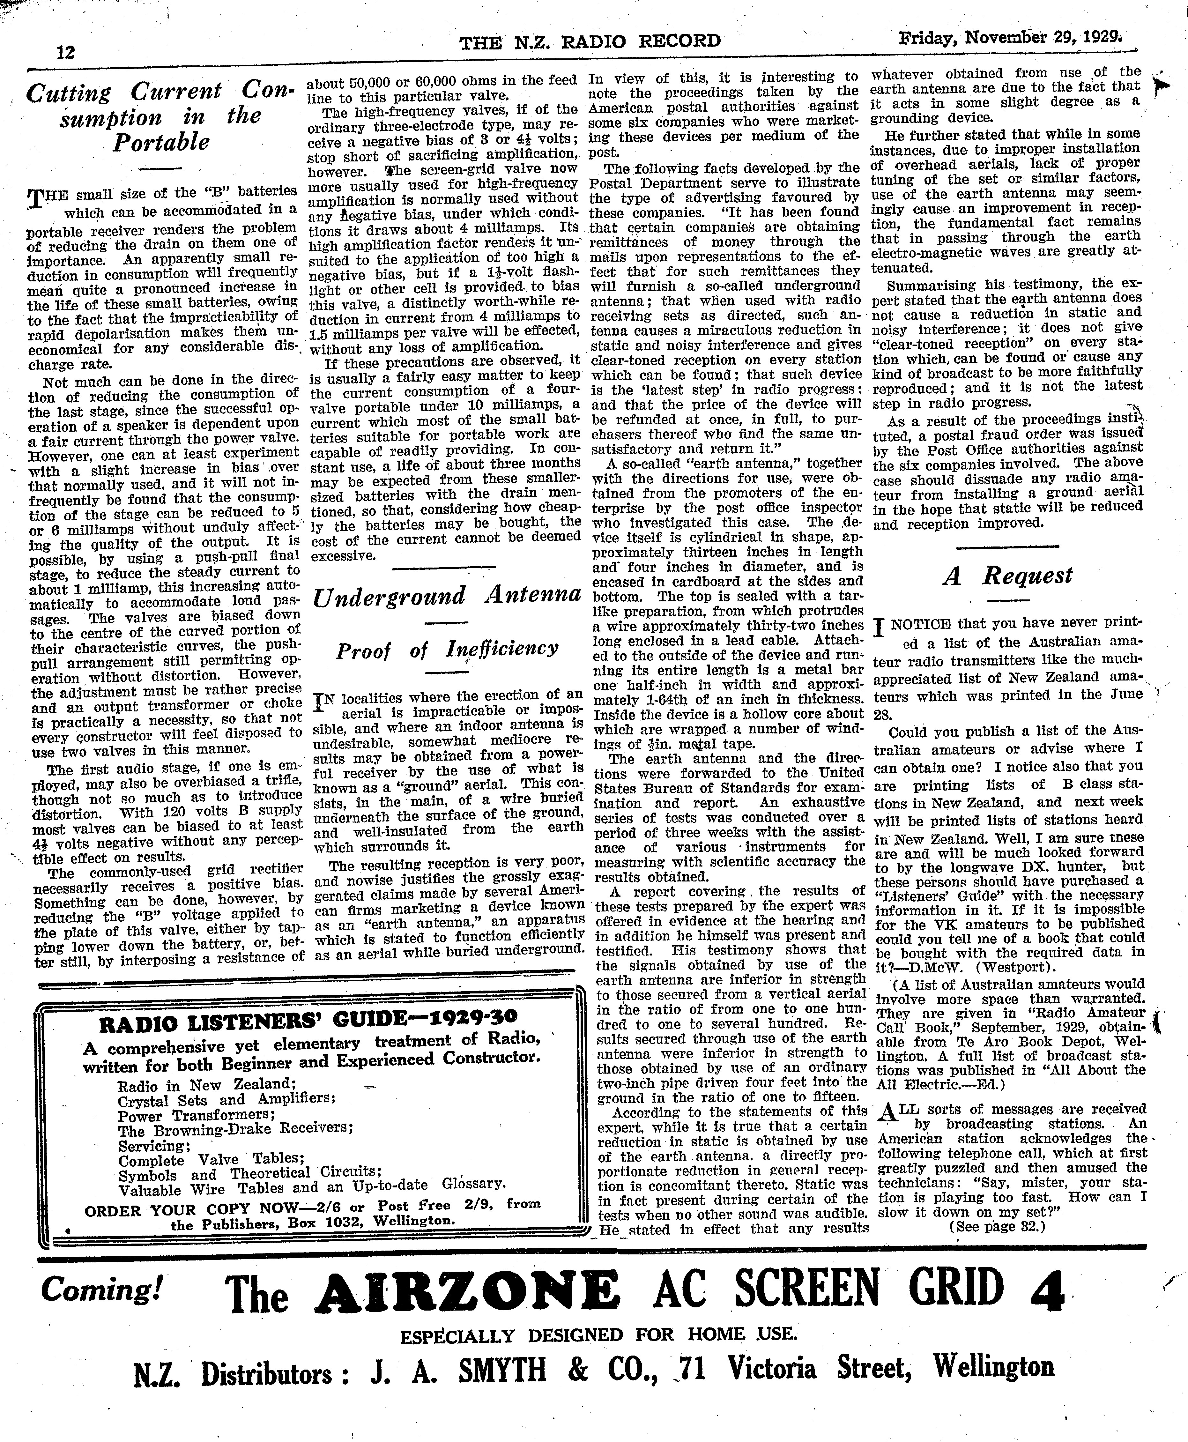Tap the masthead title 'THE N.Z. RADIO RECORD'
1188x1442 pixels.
pyautogui.click(x=590, y=42)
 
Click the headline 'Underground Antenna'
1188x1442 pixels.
pyautogui.click(x=447, y=595)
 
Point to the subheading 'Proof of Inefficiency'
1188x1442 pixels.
pyautogui.click(x=447, y=649)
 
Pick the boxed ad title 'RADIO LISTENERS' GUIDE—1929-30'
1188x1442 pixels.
pyautogui.click(x=308, y=1024)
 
